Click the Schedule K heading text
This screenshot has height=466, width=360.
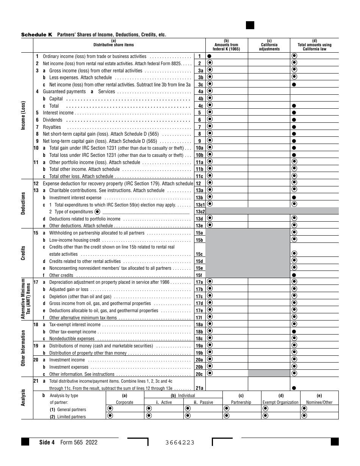[37, 34]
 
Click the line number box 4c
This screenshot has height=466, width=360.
[199, 106]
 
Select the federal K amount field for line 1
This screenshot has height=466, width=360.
[227, 56]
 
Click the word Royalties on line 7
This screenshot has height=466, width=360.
[52, 127]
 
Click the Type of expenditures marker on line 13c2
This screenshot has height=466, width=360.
[97, 212]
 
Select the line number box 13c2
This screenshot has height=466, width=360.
[199, 211]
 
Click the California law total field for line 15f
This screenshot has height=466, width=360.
[314, 275]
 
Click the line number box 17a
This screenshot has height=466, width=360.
[199, 282]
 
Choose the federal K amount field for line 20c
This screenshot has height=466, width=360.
[227, 373]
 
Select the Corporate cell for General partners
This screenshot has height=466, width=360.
[125, 409]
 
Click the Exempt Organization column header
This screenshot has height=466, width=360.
[280, 402]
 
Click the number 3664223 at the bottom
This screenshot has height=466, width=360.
[180, 443]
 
